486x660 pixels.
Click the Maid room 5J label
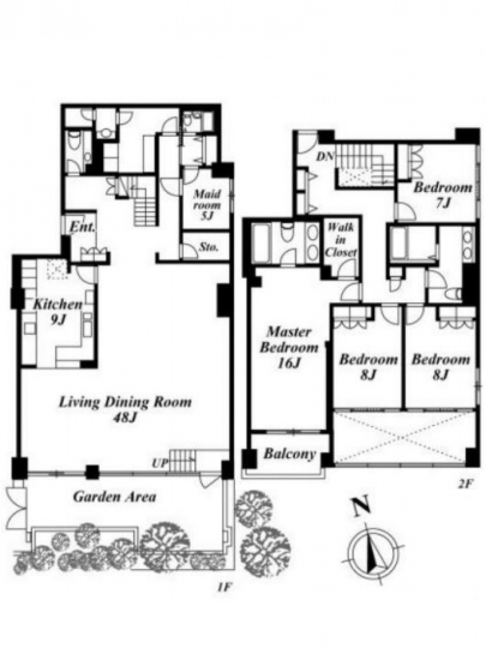(x=207, y=205)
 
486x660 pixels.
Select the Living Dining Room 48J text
(x=125, y=409)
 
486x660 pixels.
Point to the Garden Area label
(x=114, y=497)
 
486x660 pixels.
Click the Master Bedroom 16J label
(x=289, y=347)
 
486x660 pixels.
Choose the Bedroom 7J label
(x=443, y=195)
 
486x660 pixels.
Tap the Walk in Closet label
(x=341, y=240)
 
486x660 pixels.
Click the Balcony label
(x=290, y=455)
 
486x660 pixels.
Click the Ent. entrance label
(x=82, y=228)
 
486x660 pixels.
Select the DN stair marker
(x=325, y=157)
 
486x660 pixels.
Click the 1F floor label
(x=223, y=588)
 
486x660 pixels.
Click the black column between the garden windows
(x=92, y=472)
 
